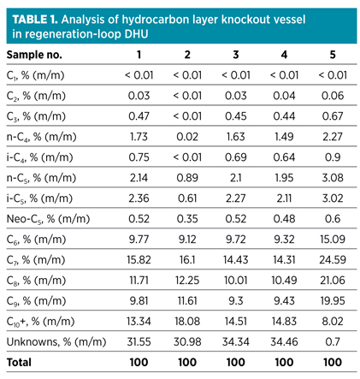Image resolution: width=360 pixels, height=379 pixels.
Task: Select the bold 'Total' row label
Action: [x=20, y=364]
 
